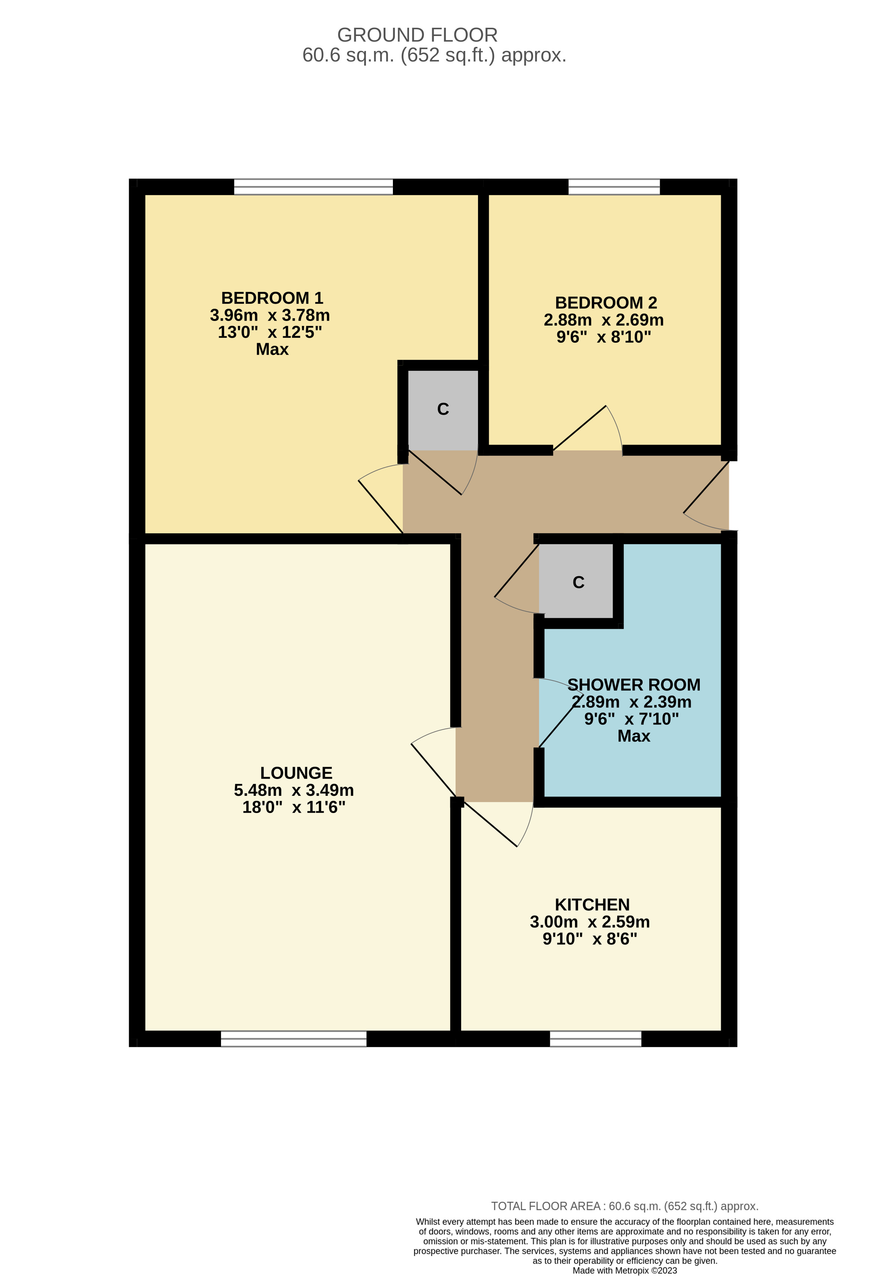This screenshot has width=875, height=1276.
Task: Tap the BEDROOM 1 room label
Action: coord(272,298)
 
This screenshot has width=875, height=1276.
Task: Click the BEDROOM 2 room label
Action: coord(606,303)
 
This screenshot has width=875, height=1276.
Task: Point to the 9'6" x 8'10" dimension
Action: coord(603,337)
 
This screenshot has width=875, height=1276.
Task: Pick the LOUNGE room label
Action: coord(296,773)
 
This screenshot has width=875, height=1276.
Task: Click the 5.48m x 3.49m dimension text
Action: coord(294,790)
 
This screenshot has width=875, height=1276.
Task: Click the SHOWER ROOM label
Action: coord(634,685)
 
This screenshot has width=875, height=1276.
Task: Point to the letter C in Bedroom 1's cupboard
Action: coord(443,409)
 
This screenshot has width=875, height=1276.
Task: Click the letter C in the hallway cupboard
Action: coord(578,583)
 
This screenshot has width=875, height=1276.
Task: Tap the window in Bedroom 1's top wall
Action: coord(313,187)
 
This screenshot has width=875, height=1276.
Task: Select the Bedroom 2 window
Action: coord(614,187)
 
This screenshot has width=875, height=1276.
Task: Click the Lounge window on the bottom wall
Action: coord(294,1038)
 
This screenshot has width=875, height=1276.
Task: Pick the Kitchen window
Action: coord(595,1038)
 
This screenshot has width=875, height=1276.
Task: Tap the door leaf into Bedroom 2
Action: coord(579,428)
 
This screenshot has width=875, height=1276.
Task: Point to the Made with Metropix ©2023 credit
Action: coord(624,1270)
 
